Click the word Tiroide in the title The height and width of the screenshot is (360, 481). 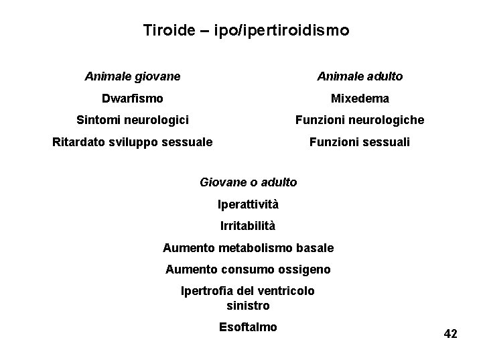pos(166,31)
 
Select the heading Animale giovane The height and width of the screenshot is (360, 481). pos(133,76)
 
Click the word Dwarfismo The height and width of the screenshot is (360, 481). pos(132,99)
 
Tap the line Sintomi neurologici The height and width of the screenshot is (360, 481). pos(133,120)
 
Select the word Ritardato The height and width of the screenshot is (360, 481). pos(78,142)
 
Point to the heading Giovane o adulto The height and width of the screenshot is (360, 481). pos(249,182)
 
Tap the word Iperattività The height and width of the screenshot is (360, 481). pos(249,204)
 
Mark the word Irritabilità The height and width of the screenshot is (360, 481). pos(248,226)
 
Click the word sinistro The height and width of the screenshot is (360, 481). pos(248,306)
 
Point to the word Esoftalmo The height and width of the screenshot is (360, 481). pos(248,327)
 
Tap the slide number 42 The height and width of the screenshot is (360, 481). pos(450,334)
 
